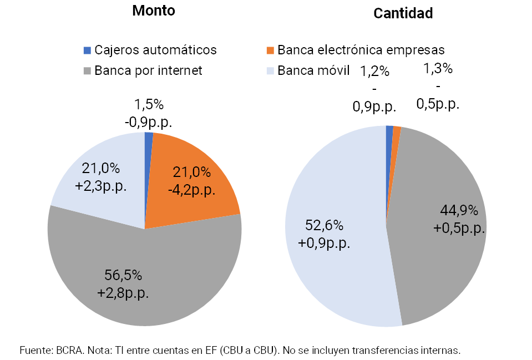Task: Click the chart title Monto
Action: pyautogui.click(x=154, y=11)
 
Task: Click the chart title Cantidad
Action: pyautogui.click(x=403, y=13)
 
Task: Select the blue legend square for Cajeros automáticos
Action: pyautogui.click(x=87, y=50)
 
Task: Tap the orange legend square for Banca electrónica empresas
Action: pyautogui.click(x=270, y=50)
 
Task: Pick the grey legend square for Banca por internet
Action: pyautogui.click(x=87, y=71)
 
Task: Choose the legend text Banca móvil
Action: pyautogui.click(x=313, y=71)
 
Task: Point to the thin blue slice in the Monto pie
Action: pyautogui.click(x=149, y=139)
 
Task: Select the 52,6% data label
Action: pyautogui.click(x=325, y=225)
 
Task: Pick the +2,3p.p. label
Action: pyautogui.click(x=100, y=185)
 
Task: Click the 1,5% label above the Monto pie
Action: pyautogui.click(x=149, y=104)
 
